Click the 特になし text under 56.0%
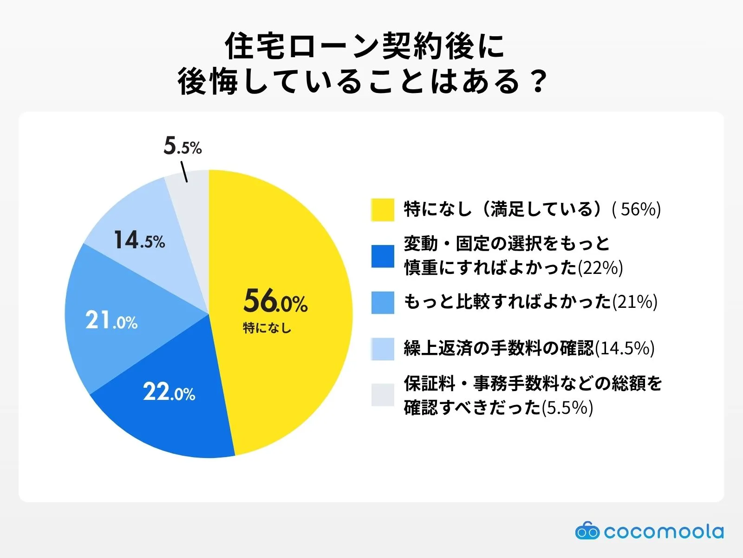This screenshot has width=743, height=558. click(x=267, y=328)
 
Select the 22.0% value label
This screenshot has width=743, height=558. click(x=169, y=392)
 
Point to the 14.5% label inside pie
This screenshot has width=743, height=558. click(x=139, y=241)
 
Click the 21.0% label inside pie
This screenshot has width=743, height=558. click(x=111, y=321)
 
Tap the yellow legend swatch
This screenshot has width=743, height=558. click(x=383, y=210)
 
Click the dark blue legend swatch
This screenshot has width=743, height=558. click(x=383, y=256)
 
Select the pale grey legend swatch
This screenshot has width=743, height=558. click(x=383, y=395)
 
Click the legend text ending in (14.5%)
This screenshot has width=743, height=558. click(x=529, y=348)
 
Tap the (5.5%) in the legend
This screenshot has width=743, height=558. click(x=567, y=408)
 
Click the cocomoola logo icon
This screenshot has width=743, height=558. click(x=587, y=531)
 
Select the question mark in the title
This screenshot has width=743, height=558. click(x=539, y=82)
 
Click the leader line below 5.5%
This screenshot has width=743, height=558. click(x=184, y=172)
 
